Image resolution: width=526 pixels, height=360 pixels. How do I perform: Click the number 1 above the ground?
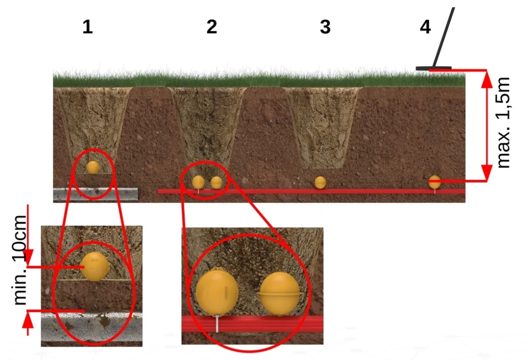point(88,27)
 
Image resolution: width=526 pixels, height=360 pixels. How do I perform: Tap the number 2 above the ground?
point(211,27)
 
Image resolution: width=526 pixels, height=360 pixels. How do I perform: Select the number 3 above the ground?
point(325,27)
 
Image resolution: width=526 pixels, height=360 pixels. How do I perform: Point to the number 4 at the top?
point(425,27)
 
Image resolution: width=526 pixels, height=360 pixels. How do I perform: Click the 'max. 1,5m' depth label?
point(503,123)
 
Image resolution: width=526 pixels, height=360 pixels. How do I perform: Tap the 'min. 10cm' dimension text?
point(19,260)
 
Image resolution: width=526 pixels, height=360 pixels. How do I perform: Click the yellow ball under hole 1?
point(93,167)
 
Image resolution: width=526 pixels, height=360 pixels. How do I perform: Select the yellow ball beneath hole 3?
point(320,182)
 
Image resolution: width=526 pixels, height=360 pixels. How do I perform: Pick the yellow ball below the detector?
point(435,182)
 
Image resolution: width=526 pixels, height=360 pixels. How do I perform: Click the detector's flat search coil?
point(433,69)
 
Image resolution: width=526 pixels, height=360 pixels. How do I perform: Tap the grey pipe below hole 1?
point(95,194)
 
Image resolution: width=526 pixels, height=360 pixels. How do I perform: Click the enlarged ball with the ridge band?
point(280,294)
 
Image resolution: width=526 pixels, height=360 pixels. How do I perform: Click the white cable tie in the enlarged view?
point(217,324)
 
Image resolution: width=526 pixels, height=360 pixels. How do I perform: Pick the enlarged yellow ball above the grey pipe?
point(95,267)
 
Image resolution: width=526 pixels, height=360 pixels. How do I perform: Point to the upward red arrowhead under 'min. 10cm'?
point(28,322)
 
